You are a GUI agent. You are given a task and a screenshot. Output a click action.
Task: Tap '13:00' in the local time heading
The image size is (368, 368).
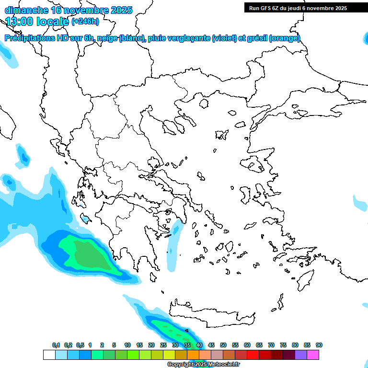tap(20, 22)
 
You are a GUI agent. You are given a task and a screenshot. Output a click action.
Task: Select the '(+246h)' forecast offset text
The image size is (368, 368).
tap(85, 22)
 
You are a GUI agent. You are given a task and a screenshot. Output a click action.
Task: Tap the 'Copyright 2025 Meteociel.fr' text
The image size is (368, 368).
tap(203, 365)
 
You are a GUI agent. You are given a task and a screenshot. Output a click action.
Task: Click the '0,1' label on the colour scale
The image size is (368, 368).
tap(56, 345)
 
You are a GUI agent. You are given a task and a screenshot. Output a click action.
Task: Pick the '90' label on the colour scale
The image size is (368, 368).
tap(319, 345)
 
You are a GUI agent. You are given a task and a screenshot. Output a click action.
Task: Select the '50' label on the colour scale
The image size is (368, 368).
tap(223, 345)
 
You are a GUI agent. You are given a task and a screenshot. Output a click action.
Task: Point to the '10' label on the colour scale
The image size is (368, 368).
tap(127, 345)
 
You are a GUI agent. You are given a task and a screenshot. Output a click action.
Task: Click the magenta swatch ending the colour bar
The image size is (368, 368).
tap(313, 355)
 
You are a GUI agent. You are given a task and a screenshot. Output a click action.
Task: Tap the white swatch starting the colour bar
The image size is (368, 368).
tap(49, 355)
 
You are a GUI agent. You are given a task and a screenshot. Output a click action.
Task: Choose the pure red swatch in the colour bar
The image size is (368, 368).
tap(253, 355)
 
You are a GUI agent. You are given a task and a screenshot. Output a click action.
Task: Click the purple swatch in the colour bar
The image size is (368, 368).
tap(301, 355)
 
